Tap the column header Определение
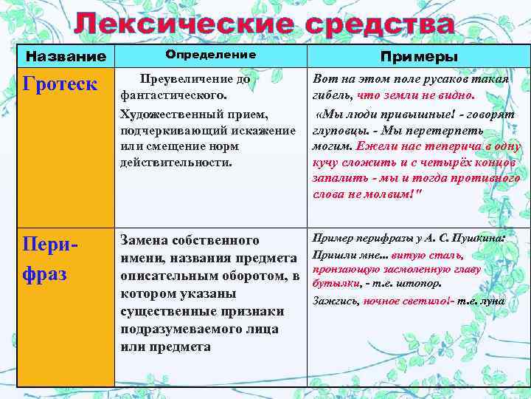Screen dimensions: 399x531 (211, 55)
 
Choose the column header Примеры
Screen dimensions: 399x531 (418, 57)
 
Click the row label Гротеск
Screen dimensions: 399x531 (60, 83)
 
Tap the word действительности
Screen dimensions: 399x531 (176, 163)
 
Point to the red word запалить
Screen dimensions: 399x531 (338, 178)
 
